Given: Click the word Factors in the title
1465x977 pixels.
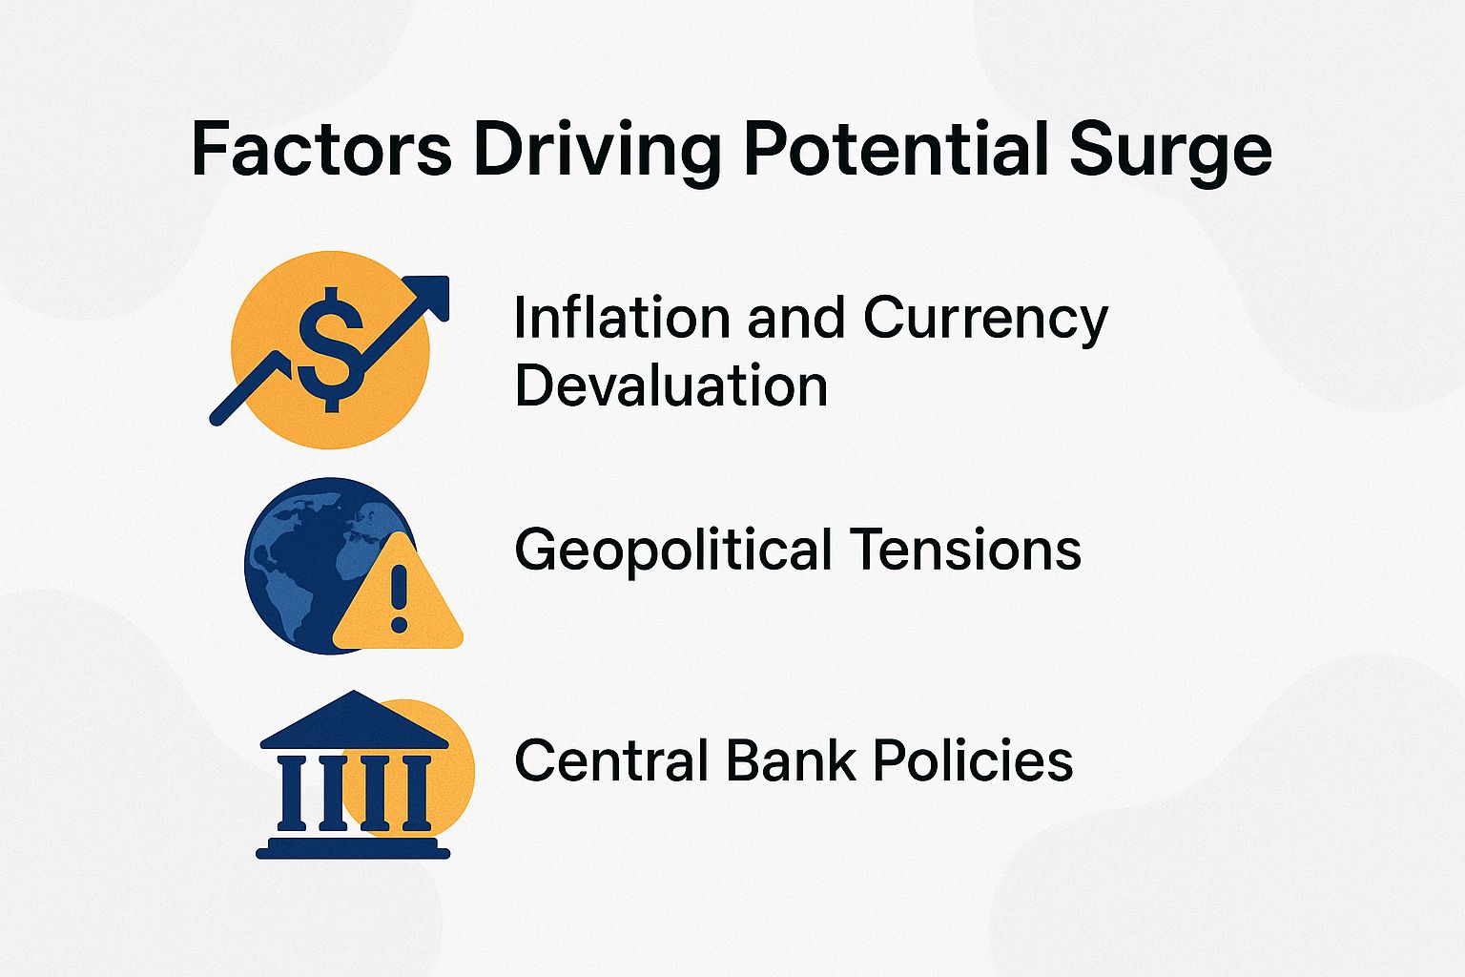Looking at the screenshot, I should (320, 150).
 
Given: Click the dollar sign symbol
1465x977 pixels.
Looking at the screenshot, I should (331, 348).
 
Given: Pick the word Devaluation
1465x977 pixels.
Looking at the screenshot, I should (671, 385).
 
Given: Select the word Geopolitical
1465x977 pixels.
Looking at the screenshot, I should (673, 551).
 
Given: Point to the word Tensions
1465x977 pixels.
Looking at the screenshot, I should (965, 550).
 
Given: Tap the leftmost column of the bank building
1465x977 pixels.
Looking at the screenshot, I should (290, 791).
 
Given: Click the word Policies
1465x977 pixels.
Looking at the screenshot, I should (972, 760).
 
